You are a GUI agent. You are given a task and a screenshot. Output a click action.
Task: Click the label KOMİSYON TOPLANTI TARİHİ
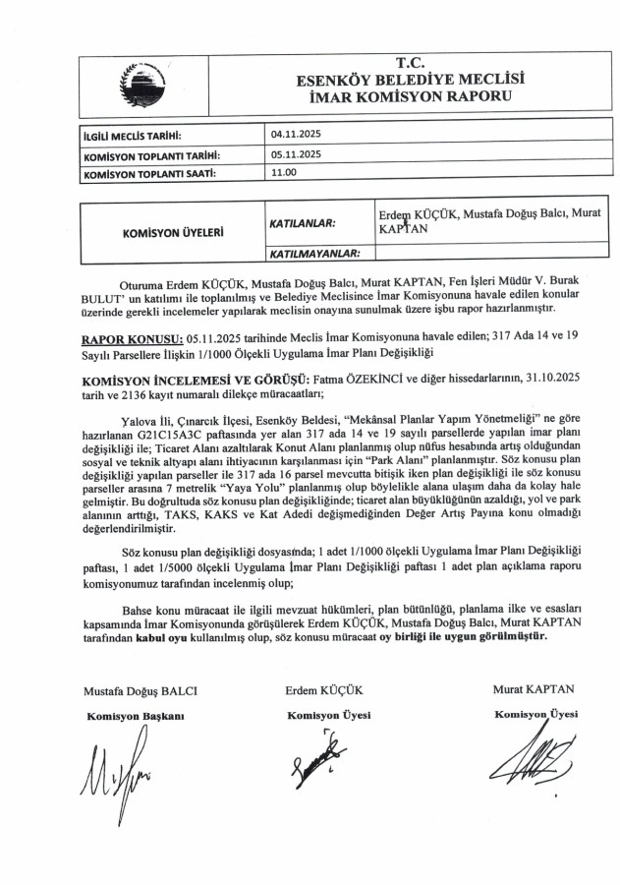150,155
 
